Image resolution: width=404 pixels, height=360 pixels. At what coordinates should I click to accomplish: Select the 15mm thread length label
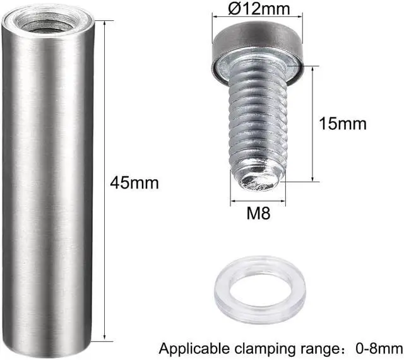tap(345, 123)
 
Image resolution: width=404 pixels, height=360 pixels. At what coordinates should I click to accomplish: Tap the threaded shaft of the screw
tap(258, 126)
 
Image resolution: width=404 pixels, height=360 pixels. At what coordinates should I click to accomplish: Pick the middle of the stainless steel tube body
tap(48, 183)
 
